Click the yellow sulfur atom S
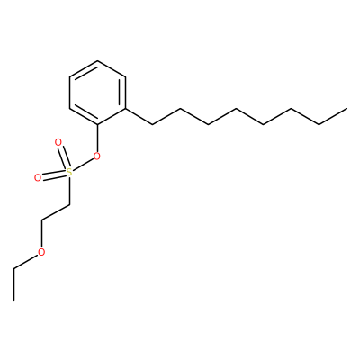[69, 173]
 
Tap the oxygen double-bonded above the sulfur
[58, 142]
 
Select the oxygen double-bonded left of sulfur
[38, 178]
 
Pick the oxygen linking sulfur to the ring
[96, 156]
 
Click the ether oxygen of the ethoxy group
[41, 252]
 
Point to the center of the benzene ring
[97, 93]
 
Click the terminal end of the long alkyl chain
[347, 108]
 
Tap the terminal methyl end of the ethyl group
[13, 300]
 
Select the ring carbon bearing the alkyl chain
[125, 109]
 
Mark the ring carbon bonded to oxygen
[97, 125]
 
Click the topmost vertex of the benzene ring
[97, 61]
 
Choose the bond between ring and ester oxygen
[97, 138]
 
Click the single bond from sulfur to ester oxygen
[83, 165]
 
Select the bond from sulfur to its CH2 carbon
[69, 191]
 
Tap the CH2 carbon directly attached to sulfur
[69, 205]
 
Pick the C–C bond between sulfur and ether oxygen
[56, 213]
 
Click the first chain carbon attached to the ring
[153, 124]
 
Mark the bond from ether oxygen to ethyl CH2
[26, 261]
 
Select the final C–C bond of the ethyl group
[13, 283]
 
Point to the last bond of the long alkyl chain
[333, 116]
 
